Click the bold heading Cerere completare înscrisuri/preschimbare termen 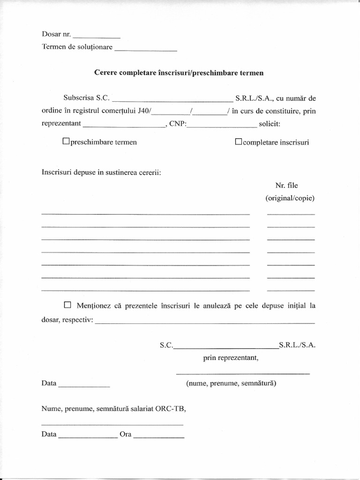coord(179,73)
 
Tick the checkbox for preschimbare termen coord(66,141)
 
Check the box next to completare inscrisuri coord(238,141)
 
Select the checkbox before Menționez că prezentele coord(67,305)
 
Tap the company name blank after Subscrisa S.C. coord(172,99)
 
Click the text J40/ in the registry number coord(144,112)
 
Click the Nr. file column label coord(286,186)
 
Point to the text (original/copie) coord(290,198)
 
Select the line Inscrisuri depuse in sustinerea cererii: coord(101,172)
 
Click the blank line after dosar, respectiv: coord(205,322)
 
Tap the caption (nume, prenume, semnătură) coord(231,383)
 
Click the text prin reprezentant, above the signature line coord(231,358)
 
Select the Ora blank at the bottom coord(158,435)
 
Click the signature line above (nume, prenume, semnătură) coord(242,373)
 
